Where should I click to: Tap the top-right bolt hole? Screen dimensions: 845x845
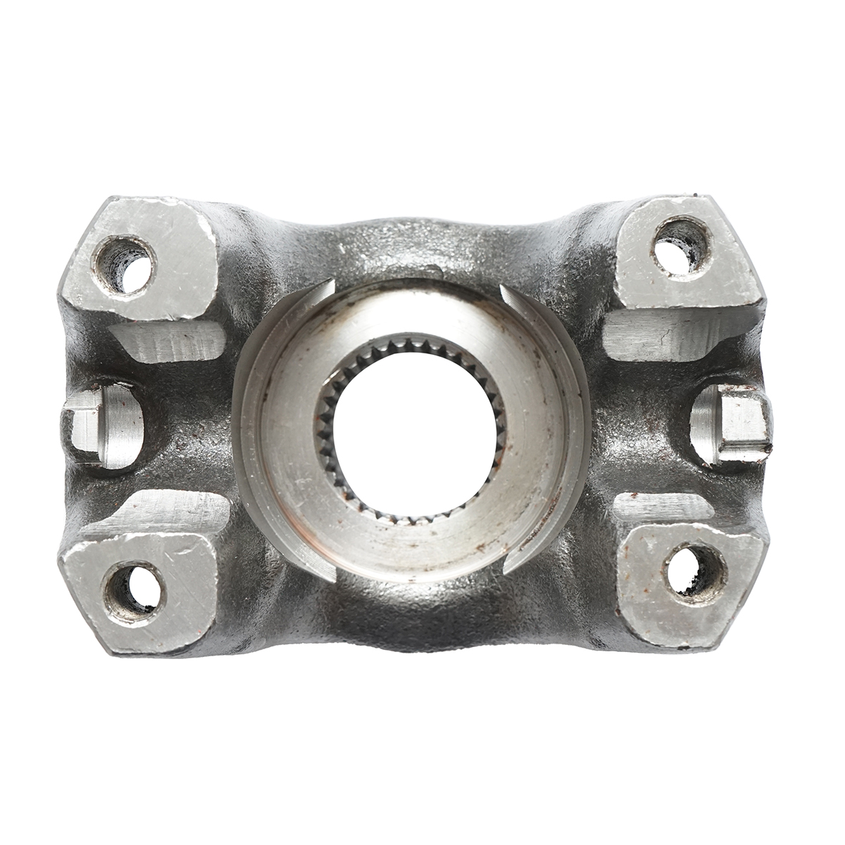coord(680,244)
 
